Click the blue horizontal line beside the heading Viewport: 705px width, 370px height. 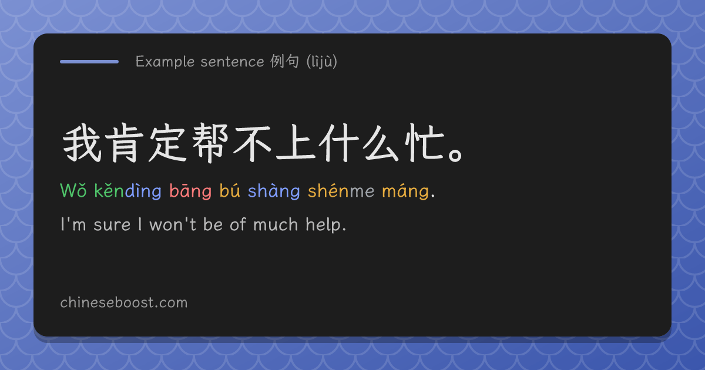tap(89, 62)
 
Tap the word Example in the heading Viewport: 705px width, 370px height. tap(165, 62)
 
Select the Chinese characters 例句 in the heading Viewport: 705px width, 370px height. tap(284, 61)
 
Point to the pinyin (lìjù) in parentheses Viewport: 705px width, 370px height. tap(322, 61)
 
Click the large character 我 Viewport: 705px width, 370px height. tap(82, 143)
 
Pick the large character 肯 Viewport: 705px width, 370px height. tap(125, 143)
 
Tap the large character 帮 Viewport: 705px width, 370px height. tap(210, 143)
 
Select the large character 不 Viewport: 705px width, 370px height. tap(253, 143)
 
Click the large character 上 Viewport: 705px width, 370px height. tap(296, 143)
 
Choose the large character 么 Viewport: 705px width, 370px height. tap(381, 143)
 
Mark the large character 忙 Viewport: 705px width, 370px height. tap(424, 143)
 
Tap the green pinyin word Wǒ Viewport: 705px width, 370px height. tap(73, 190)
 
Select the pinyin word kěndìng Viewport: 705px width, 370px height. tap(128, 191)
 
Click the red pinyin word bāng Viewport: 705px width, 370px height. tap(190, 191)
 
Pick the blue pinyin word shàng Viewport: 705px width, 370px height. tap(274, 191)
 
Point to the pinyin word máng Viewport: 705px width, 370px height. tap(405, 191)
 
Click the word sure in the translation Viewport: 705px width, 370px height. tap(112, 225)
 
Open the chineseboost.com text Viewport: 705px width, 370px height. tap(124, 302)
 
